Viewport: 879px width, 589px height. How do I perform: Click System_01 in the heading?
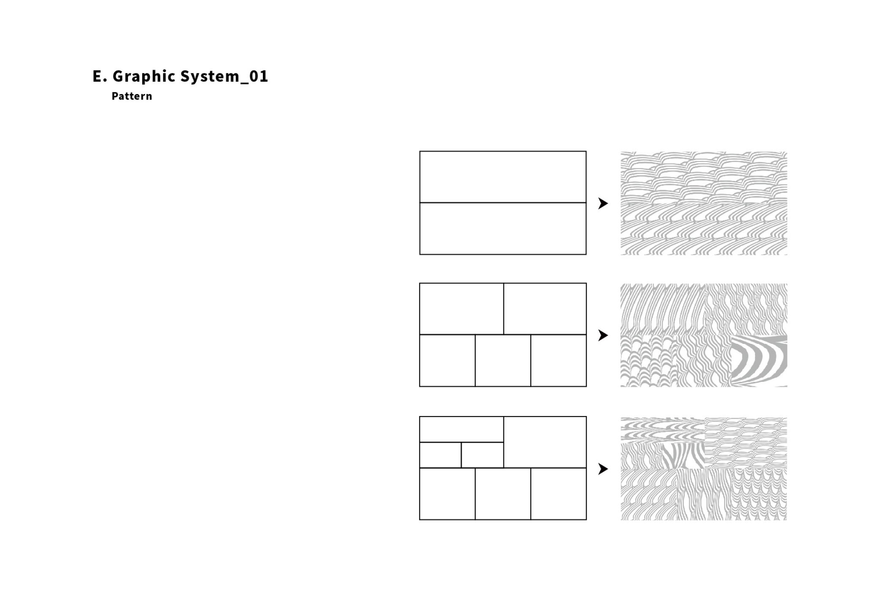tap(224, 76)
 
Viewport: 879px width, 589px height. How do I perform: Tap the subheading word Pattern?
tap(132, 96)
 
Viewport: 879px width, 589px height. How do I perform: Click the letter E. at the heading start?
tap(100, 76)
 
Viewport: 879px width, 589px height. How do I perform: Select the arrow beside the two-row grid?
tap(603, 203)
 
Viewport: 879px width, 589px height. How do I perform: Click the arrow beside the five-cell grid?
tap(603, 335)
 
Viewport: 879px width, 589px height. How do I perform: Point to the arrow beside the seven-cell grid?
tap(603, 469)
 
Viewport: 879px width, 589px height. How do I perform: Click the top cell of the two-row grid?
tap(503, 177)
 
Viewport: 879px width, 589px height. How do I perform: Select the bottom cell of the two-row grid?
tap(503, 229)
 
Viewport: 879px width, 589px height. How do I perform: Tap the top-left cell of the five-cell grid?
tap(461, 309)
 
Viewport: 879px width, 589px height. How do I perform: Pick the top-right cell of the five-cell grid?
tap(545, 309)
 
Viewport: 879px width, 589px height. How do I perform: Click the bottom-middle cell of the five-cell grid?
tap(503, 360)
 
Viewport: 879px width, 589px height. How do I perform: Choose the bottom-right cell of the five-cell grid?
tap(558, 360)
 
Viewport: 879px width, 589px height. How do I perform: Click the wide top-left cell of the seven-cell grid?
tap(461, 430)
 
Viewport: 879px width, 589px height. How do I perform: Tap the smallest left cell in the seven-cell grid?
tap(440, 455)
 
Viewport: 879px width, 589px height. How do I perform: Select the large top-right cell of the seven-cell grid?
tap(545, 442)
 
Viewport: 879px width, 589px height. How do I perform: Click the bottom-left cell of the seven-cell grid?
tap(447, 494)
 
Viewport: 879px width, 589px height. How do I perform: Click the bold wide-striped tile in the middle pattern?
tap(759, 360)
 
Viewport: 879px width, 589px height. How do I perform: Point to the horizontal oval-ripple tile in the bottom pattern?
tap(663, 430)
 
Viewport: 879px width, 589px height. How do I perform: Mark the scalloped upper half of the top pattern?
tap(703, 177)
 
